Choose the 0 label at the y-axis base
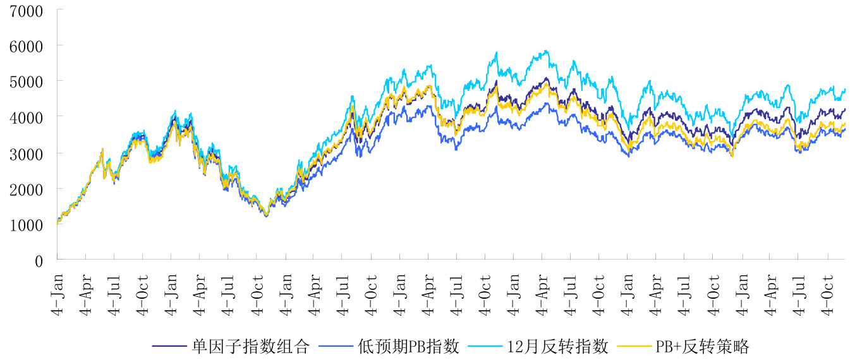(39, 260)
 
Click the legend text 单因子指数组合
(250, 346)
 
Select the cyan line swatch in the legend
(487, 346)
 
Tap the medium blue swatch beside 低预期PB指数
(337, 346)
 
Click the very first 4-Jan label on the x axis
(58, 287)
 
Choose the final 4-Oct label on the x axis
(829, 287)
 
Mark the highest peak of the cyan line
(545, 51)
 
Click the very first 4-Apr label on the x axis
(86, 287)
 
